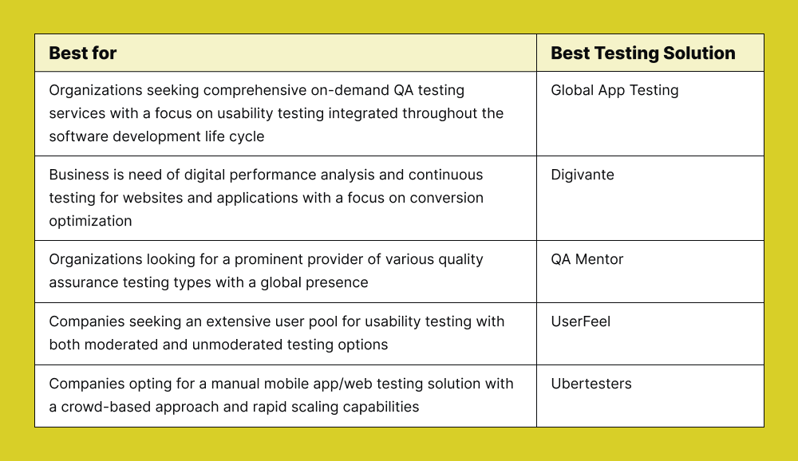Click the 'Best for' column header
(x=83, y=53)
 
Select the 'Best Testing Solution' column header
(x=643, y=53)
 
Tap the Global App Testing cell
(x=614, y=90)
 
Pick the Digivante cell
(x=583, y=175)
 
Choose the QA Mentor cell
(x=587, y=259)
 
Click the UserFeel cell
(x=581, y=321)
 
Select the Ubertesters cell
(x=591, y=384)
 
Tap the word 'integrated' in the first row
(x=363, y=113)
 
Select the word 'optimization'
(x=90, y=221)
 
